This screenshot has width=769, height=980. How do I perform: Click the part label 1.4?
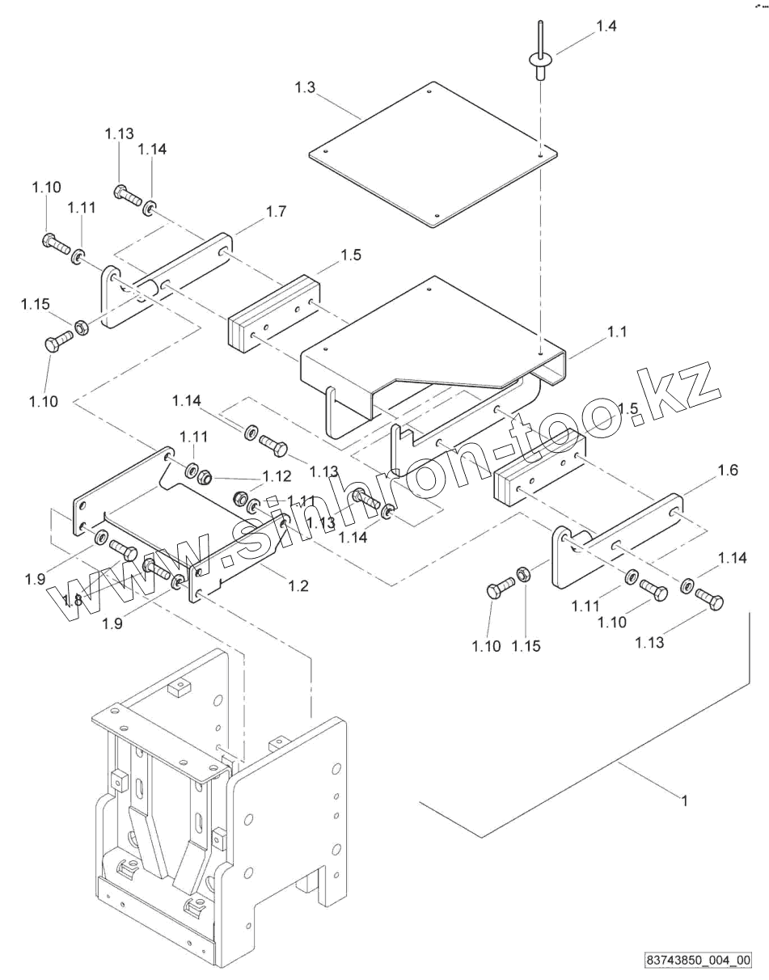click(x=606, y=27)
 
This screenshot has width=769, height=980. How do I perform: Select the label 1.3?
click(x=305, y=88)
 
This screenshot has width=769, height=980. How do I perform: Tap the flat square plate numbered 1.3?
click(x=433, y=154)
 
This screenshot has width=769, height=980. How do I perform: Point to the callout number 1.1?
click(x=617, y=332)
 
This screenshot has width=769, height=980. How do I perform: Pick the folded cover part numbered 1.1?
click(x=420, y=340)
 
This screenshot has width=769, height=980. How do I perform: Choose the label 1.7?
click(x=276, y=212)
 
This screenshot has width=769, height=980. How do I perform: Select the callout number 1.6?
click(x=728, y=471)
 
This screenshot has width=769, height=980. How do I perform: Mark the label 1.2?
click(x=298, y=586)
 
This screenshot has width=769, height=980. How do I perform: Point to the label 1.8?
click(x=73, y=600)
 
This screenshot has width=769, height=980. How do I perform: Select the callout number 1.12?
click(x=276, y=475)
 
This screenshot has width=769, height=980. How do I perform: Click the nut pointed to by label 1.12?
click(x=205, y=476)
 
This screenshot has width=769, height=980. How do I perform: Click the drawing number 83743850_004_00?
click(x=698, y=961)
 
